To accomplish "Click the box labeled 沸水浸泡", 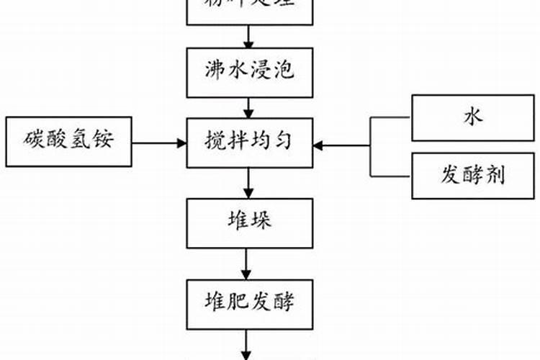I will point(248,72).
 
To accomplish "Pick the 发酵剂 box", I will point(473,175).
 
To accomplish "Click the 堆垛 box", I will point(248,222).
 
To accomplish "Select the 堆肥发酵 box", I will point(248,301).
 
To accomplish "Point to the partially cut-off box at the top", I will point(248,11).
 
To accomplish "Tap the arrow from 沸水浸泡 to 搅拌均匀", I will point(248,108).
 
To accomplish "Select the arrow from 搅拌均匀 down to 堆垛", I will point(248,183).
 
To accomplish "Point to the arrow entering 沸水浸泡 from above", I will point(248,36).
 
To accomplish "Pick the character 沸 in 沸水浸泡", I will point(215,72).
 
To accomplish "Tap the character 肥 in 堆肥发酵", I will point(237,301).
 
